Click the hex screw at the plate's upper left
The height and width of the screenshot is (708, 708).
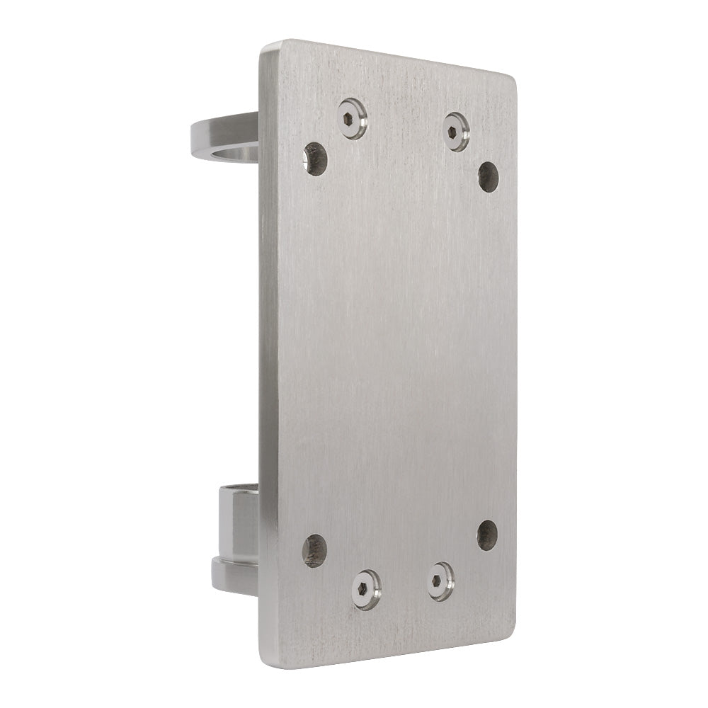[x=352, y=119]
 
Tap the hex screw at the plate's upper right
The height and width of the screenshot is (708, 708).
[x=456, y=131]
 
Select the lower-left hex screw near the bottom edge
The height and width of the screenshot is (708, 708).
[x=366, y=589]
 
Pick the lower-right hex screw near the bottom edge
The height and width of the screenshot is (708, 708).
[x=441, y=582]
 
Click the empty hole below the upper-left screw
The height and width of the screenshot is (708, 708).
[x=315, y=159]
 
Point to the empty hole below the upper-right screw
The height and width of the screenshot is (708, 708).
[x=488, y=176]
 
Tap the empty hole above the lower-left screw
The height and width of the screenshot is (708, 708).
[x=314, y=551]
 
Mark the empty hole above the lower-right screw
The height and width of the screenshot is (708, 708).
[x=487, y=535]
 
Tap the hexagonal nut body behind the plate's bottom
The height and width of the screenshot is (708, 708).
[x=237, y=524]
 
